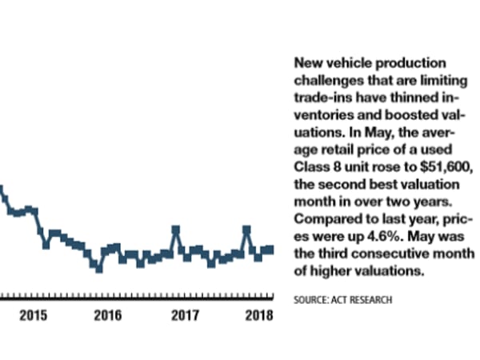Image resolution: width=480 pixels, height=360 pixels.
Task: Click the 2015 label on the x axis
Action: tap(34, 314)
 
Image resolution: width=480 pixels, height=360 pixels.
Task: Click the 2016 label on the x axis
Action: tap(107, 314)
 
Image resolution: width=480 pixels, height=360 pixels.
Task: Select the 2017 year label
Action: tap(185, 314)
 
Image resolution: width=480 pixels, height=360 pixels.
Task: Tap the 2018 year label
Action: tap(258, 314)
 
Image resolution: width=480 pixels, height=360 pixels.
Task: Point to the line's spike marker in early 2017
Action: tap(175, 230)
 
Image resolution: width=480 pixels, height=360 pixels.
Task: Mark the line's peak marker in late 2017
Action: tap(246, 230)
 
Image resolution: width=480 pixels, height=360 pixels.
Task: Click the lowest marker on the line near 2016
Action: tap(99, 269)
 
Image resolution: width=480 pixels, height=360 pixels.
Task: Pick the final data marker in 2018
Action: tap(270, 250)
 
